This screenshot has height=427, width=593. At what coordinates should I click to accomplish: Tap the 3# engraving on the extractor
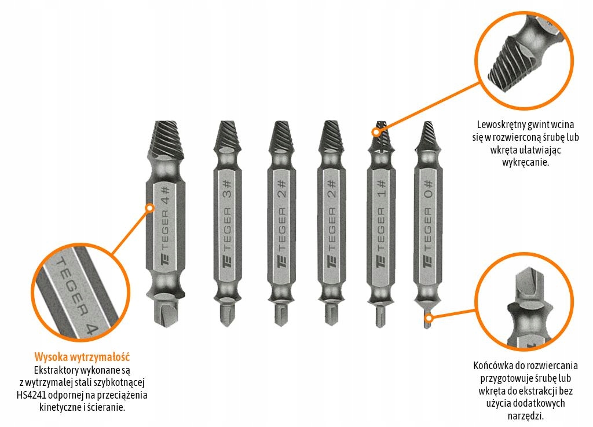click(x=227, y=189)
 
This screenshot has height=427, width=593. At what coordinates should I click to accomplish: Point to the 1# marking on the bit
click(x=381, y=189)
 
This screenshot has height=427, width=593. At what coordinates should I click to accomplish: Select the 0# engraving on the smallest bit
click(x=428, y=189)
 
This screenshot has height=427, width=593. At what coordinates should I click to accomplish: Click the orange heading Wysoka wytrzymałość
click(x=82, y=357)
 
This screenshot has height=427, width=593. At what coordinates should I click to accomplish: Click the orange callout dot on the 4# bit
click(x=150, y=207)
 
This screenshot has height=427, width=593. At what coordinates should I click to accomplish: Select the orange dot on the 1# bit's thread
click(x=376, y=132)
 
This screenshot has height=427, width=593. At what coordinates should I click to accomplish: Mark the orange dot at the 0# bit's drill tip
click(x=430, y=317)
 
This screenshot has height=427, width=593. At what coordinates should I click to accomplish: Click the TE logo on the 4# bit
click(x=166, y=261)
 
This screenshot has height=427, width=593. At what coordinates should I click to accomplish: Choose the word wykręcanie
click(x=525, y=163)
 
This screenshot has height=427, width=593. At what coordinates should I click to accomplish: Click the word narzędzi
click(x=525, y=416)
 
